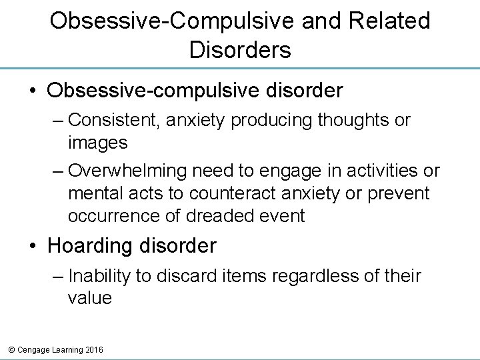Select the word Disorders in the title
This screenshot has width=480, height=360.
coord(240,50)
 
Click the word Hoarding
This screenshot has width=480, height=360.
coord(92,246)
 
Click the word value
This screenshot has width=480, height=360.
coord(89,299)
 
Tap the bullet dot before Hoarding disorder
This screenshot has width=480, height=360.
coord(33,247)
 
